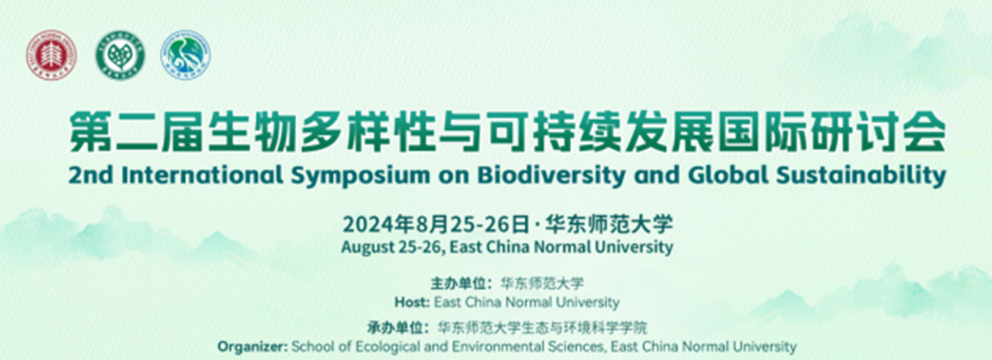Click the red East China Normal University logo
coord(51,55)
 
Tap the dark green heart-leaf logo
coord(120,55)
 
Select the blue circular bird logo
coord(186,55)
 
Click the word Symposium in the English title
coord(361,176)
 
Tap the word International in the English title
coord(202,175)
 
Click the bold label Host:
coord(412,303)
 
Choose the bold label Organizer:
coord(252,347)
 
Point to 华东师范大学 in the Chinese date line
coord(609,225)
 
